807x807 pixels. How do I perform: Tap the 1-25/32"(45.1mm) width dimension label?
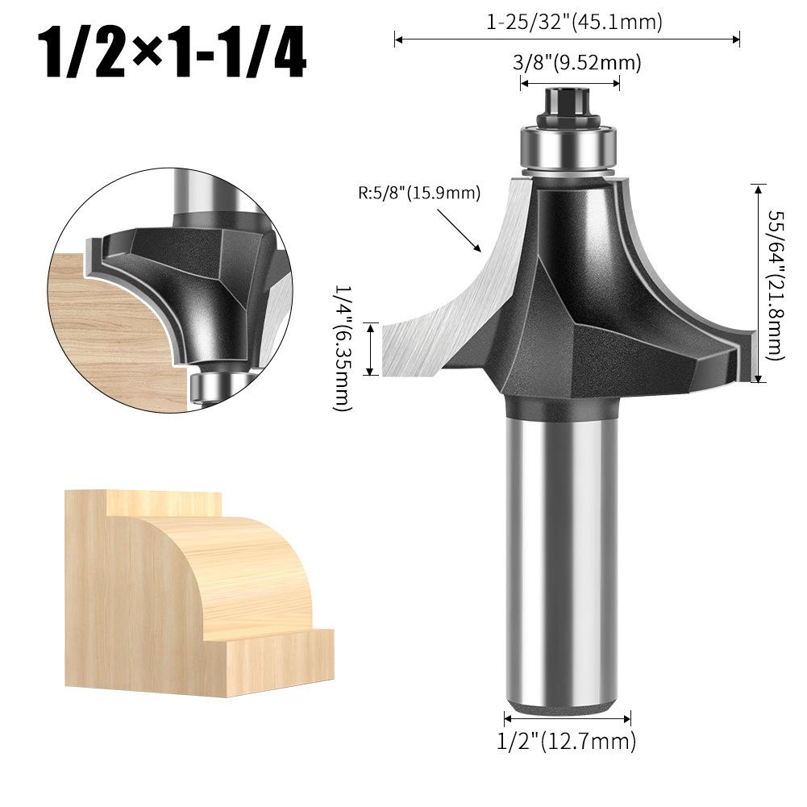574,22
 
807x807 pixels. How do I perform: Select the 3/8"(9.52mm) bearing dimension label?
577,63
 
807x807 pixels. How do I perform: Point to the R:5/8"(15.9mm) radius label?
419,193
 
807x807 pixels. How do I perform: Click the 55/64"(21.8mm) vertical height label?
775,285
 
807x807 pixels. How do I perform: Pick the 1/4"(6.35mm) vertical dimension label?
343,348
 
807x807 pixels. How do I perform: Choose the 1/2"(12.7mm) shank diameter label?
567,742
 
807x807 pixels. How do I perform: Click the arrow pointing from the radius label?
459,230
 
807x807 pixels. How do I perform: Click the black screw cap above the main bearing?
568,106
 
